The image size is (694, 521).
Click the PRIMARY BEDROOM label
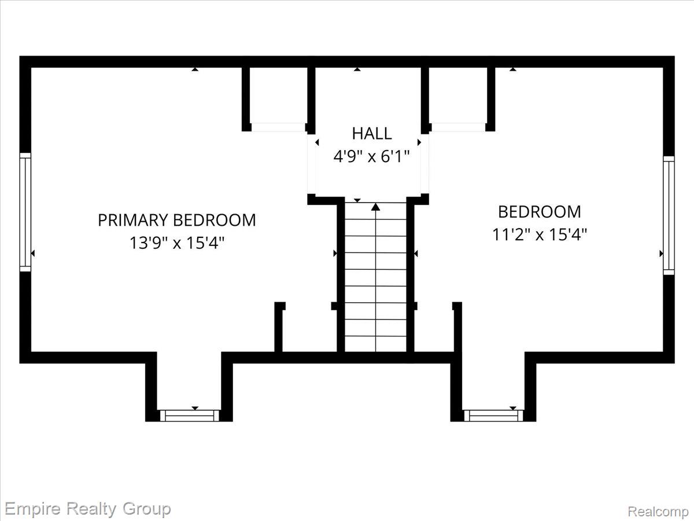[x=177, y=220]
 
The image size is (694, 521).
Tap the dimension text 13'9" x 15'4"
[x=177, y=243]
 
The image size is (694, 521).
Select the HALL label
[x=372, y=134]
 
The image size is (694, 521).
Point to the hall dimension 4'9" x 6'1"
[x=371, y=156]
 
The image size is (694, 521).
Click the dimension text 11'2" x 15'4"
[x=540, y=234]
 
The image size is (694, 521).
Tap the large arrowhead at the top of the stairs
[x=375, y=207]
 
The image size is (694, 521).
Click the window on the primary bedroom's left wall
[x=25, y=212]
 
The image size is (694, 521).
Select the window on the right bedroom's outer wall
[x=669, y=215]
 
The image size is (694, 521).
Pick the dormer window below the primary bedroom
[x=189, y=416]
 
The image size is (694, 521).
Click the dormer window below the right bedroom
[x=493, y=416]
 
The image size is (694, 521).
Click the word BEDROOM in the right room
[x=540, y=212]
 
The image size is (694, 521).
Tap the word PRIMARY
[x=132, y=220]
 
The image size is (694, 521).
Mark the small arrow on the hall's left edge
[x=317, y=142]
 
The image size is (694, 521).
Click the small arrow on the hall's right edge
[x=419, y=142]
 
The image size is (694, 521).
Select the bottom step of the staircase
[x=375, y=344]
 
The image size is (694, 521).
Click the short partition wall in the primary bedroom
[x=279, y=327]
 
